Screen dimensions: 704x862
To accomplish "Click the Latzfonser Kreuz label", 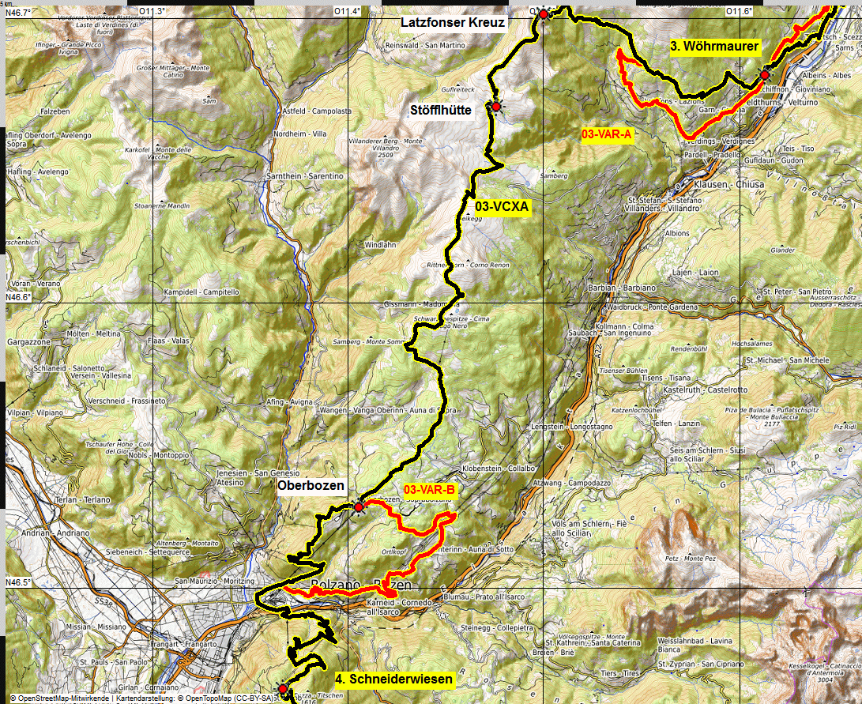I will click(x=452, y=23).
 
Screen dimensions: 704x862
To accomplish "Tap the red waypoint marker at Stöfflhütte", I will click(x=496, y=107).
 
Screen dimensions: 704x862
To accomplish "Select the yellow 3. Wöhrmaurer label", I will click(x=714, y=47).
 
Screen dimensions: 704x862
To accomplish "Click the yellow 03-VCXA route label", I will click(x=502, y=208).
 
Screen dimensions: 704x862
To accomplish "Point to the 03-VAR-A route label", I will click(x=607, y=135).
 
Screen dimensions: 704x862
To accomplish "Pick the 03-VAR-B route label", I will click(x=430, y=491).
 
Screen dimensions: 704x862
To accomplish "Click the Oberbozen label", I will click(x=311, y=486).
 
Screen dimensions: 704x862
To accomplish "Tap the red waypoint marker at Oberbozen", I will click(x=359, y=506).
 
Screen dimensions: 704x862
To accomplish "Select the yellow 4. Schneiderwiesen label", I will click(x=394, y=679).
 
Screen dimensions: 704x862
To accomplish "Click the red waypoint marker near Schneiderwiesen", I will click(x=283, y=688).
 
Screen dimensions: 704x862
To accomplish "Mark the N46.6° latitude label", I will click(x=18, y=297).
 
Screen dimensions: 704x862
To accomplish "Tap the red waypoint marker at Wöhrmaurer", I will click(x=765, y=75).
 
